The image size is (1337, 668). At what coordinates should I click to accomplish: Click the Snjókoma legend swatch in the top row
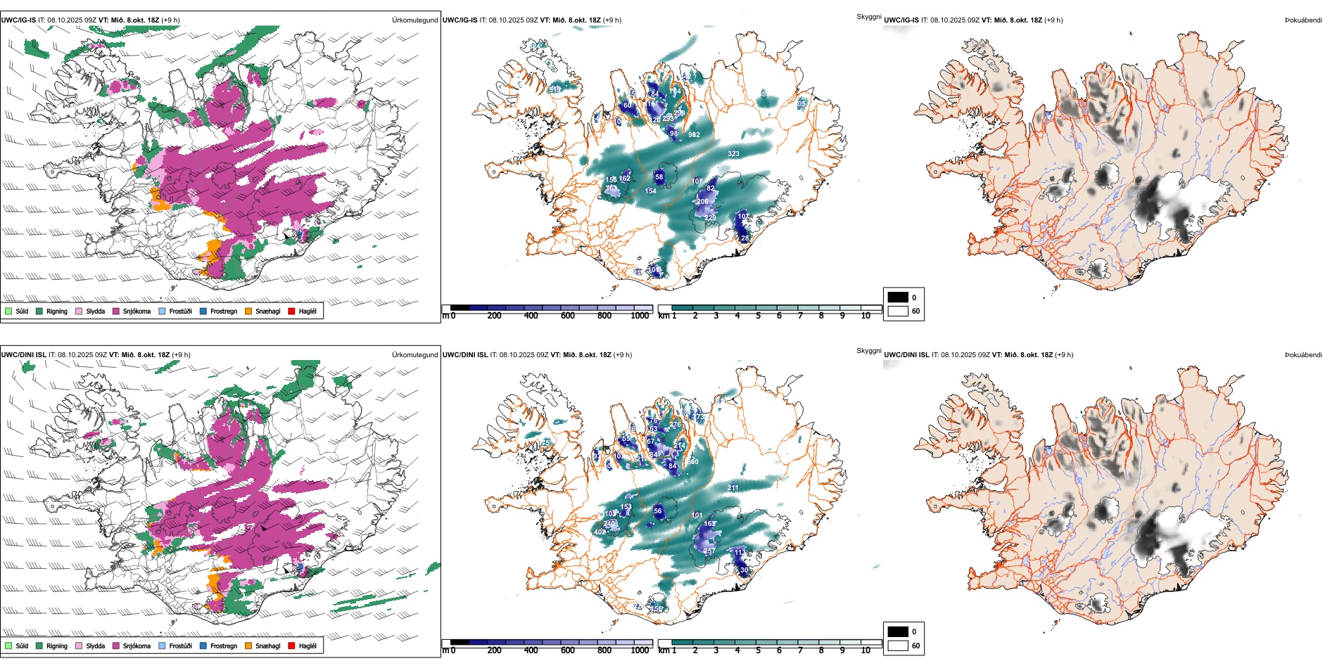click(116, 311)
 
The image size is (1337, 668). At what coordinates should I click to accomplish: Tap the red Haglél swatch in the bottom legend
click(291, 645)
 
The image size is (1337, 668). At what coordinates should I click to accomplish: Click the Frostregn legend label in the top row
click(223, 311)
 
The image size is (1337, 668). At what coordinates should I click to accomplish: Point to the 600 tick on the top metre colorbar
click(568, 316)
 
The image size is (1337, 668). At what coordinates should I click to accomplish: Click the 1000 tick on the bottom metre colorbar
click(640, 650)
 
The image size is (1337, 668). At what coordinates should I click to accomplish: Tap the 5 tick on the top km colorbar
click(758, 316)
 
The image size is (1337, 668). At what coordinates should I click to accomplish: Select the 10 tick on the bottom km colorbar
click(866, 650)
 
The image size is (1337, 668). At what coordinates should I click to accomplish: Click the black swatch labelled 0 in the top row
click(898, 297)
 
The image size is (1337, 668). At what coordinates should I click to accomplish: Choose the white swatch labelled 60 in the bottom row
click(898, 645)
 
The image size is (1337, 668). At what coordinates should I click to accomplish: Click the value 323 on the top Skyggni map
click(733, 153)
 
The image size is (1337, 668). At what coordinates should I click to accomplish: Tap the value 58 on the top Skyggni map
click(659, 177)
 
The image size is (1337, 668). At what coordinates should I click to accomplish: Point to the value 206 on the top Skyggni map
click(702, 202)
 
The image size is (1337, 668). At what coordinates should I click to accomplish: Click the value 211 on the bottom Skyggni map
click(733, 487)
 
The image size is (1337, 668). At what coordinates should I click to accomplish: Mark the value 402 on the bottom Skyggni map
click(600, 532)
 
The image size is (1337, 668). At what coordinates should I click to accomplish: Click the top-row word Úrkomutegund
click(414, 20)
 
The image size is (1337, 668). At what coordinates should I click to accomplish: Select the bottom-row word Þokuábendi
click(1303, 355)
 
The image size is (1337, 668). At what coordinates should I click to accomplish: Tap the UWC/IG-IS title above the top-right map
click(901, 20)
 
